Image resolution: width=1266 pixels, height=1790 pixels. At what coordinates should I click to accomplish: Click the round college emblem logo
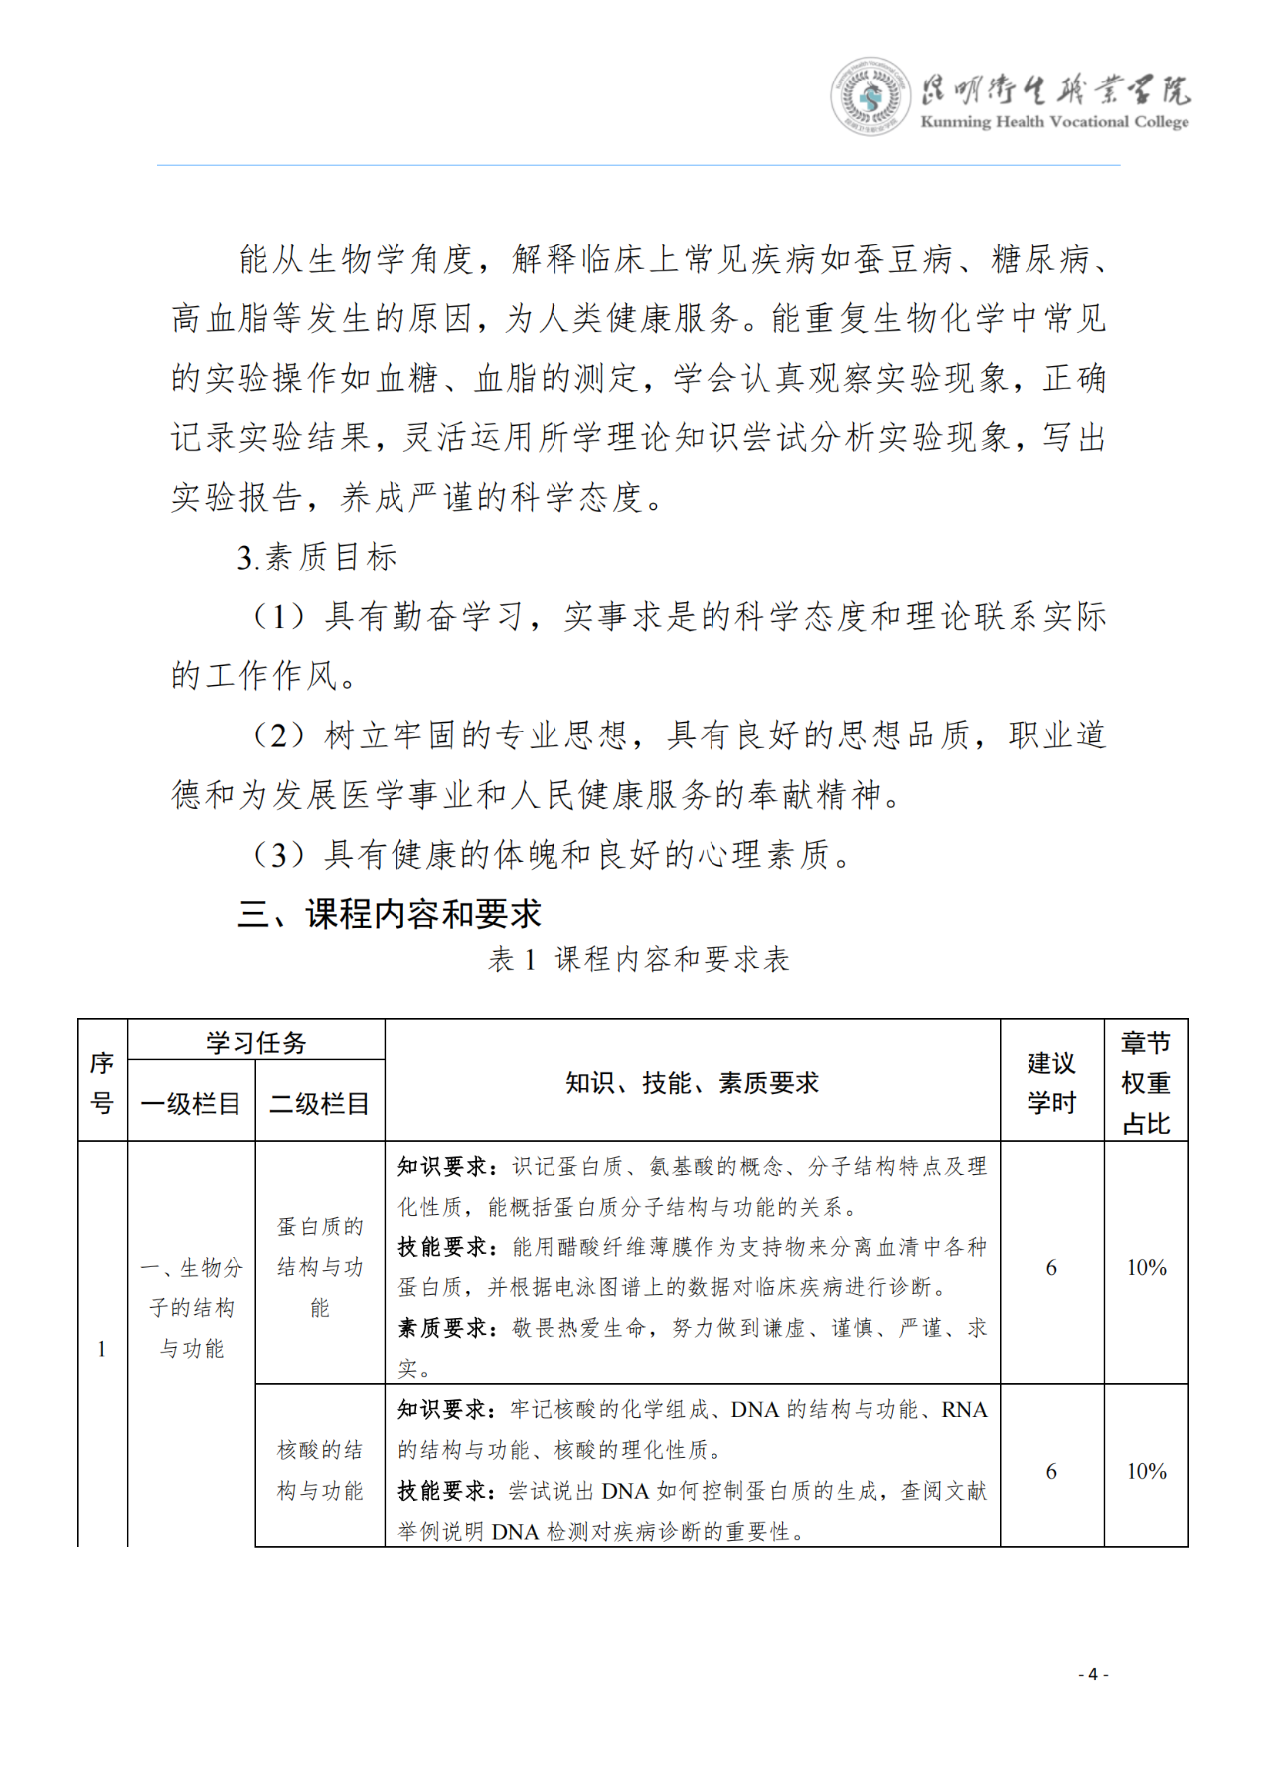coord(870,96)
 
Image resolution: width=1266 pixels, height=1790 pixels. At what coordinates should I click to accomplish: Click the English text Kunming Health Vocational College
coord(1054,122)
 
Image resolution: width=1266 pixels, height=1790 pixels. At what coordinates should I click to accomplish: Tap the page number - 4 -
coord(1093,1674)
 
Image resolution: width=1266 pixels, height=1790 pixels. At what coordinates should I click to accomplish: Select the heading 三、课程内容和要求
coord(390,914)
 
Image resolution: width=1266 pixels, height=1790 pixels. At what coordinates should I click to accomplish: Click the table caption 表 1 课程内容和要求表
coord(639,959)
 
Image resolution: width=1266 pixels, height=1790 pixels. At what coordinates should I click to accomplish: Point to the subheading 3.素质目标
coord(317,558)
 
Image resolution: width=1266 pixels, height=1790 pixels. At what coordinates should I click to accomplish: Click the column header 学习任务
coord(256,1042)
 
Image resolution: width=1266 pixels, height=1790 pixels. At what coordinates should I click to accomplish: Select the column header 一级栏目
coord(191,1103)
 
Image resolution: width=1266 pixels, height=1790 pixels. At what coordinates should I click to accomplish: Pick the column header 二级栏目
coord(319,1103)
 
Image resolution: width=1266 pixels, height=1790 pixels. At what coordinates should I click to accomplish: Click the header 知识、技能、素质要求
coord(692,1082)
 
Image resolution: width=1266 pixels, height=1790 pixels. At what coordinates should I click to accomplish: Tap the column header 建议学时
coord(1051,1082)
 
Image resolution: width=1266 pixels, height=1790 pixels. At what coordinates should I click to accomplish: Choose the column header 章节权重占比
coord(1146,1082)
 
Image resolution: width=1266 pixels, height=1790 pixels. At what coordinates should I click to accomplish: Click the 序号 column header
coord(102,1082)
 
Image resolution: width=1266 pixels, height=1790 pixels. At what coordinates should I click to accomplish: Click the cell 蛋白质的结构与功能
coord(319,1267)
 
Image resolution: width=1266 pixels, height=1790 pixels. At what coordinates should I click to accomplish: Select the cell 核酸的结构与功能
coord(319,1470)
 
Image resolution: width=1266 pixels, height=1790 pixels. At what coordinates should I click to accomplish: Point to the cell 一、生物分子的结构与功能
coord(191,1307)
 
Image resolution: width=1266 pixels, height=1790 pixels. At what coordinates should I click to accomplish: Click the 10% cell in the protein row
coord(1146,1267)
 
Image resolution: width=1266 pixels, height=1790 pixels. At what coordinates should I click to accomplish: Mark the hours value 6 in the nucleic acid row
coord(1051,1471)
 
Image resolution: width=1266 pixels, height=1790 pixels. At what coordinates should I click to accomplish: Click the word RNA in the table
coord(964,1409)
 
